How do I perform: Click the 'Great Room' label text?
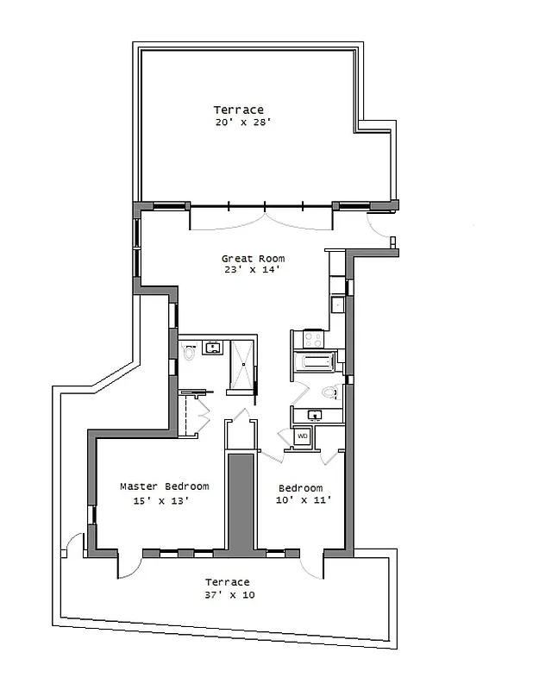253,258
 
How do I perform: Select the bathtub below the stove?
313,363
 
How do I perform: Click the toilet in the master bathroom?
189,351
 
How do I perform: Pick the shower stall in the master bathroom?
242,364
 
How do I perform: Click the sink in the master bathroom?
211,348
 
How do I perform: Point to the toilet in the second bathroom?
329,392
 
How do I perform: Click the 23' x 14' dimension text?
253,270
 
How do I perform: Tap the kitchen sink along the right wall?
338,304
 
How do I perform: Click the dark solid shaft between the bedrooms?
241,500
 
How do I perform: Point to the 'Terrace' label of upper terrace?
239,110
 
